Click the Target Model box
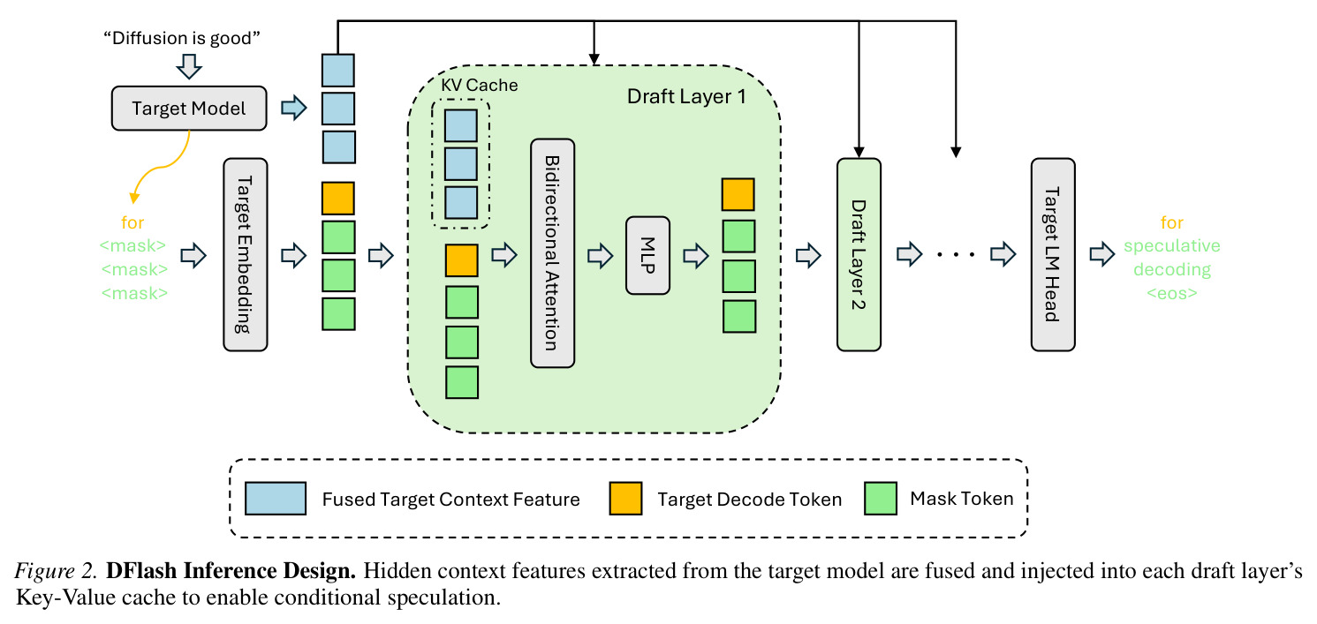click(189, 108)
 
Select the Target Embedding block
click(246, 254)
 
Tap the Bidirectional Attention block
click(553, 253)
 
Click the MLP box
click(648, 255)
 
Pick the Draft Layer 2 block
click(859, 254)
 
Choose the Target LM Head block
click(1053, 254)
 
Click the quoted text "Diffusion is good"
click(182, 38)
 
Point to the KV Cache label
click(479, 86)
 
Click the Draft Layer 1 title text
click(686, 96)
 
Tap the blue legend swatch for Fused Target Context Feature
click(276, 499)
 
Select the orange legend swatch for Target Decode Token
click(625, 499)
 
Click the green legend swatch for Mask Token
click(881, 499)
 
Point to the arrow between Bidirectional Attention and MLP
click(601, 256)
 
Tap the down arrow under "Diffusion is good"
click(189, 66)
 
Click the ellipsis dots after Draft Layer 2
click(956, 254)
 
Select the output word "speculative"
click(1172, 245)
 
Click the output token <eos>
click(1172, 293)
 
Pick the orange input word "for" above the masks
click(132, 222)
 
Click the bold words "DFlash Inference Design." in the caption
click(231, 570)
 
